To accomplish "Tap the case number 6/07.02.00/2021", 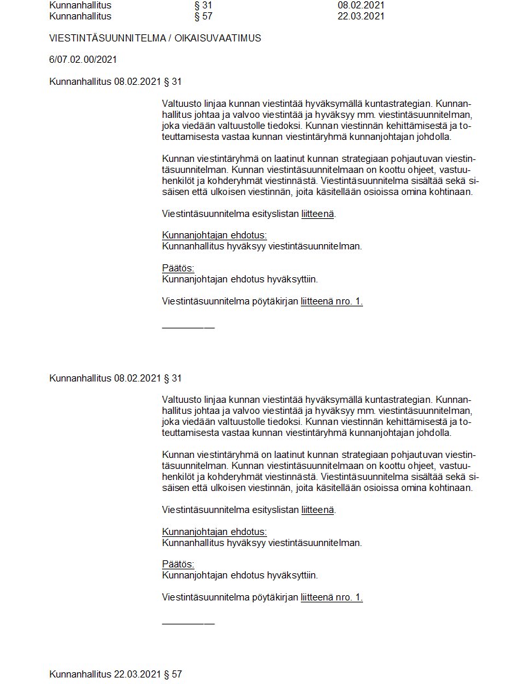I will point(83,60).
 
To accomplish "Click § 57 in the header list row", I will point(204,16).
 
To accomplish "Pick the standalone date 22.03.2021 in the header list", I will point(361,16).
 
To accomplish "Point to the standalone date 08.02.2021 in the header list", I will point(361,5).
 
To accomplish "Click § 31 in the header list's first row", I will point(204,5).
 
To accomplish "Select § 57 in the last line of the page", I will point(172,674).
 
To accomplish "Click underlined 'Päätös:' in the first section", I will point(178,269).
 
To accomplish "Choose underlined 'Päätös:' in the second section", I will point(178,564).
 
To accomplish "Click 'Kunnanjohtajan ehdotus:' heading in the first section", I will point(214,236).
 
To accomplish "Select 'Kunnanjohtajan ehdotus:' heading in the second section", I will point(214,532).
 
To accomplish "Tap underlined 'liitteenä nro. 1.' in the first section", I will point(331,301).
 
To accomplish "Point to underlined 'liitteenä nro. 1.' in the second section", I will point(331,597).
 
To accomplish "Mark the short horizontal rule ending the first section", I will point(188,327).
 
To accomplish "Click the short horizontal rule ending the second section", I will point(188,623).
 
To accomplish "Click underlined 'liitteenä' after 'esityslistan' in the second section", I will point(318,510).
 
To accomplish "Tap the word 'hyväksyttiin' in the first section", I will point(292,279).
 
